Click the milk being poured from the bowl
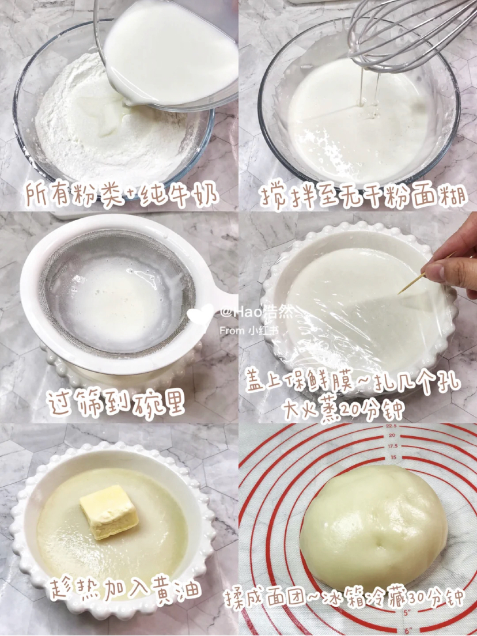click(171, 53)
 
